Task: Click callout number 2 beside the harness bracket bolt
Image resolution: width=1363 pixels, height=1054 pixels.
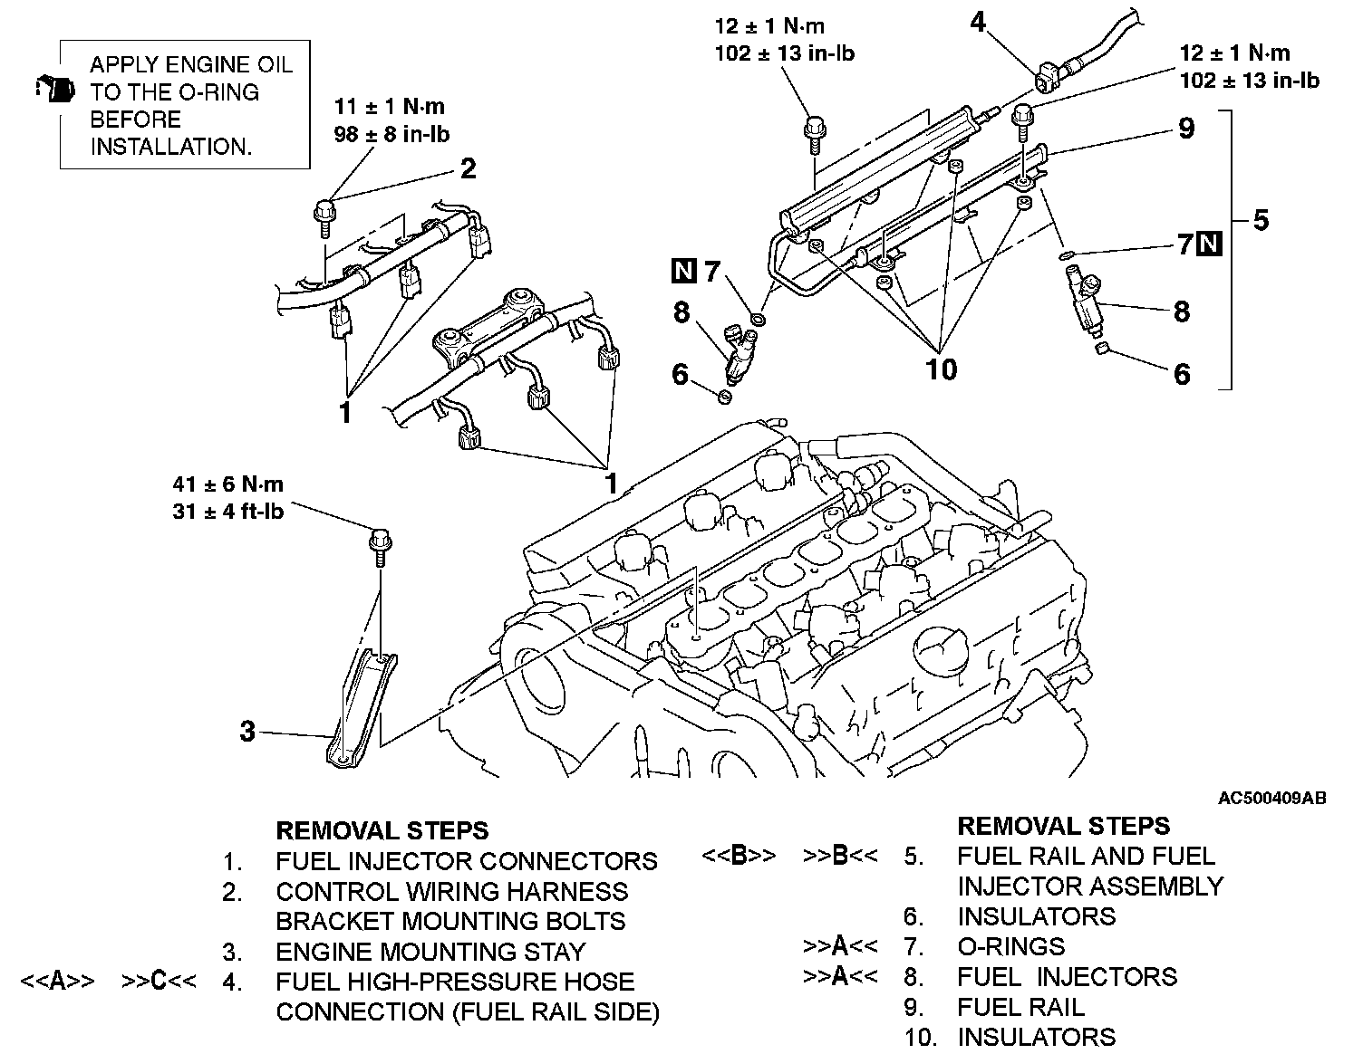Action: pos(468,168)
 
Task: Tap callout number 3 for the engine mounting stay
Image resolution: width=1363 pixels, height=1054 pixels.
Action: pos(247,731)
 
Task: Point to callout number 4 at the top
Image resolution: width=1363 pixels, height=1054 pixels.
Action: pos(978,22)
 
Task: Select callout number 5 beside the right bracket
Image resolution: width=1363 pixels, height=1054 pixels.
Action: pos(1261,220)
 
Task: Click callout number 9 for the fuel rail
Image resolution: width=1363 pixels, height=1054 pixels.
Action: pos(1186,129)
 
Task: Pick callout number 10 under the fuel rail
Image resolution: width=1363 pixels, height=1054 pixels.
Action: pos(942,369)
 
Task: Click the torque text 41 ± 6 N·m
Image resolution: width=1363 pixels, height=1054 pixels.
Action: pos(228,484)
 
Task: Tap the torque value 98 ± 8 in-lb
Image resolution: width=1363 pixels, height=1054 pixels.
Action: pos(392,135)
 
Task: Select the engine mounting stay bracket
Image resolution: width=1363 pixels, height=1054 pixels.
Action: pos(358,706)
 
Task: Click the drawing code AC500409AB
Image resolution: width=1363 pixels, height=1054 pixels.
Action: pos(1271,798)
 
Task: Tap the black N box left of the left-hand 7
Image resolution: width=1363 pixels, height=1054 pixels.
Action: pos(684,270)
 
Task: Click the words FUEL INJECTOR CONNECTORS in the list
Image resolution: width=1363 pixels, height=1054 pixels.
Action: pos(466,860)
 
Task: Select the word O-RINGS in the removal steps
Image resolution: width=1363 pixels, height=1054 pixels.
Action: pos(1010,946)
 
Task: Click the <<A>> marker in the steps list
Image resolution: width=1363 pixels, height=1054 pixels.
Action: pos(57,982)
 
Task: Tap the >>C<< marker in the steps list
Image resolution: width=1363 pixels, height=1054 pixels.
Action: pos(159,982)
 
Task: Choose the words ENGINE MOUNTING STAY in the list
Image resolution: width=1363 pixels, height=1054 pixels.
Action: pos(430,952)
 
